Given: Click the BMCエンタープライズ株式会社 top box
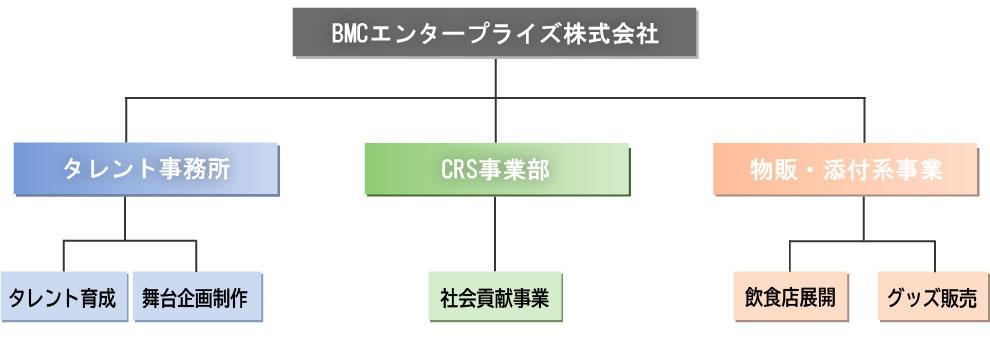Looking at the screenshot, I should (x=495, y=33).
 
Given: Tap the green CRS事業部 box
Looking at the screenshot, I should (x=496, y=169).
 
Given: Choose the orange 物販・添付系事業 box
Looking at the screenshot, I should (x=846, y=169).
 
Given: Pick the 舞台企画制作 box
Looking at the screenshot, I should (x=196, y=297).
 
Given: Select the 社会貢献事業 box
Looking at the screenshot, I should (x=495, y=297).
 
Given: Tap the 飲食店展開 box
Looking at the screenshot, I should (x=790, y=297).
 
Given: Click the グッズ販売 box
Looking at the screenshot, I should (x=935, y=297).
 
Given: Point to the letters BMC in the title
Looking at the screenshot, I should (x=352, y=34).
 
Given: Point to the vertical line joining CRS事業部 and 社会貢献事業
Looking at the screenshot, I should (x=495, y=232).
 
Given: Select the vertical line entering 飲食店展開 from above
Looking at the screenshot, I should (x=790, y=256).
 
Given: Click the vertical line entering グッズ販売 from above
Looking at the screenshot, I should (x=935, y=256).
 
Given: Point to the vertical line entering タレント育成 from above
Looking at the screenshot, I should (x=63, y=256).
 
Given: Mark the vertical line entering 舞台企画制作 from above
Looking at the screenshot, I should (x=196, y=256).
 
